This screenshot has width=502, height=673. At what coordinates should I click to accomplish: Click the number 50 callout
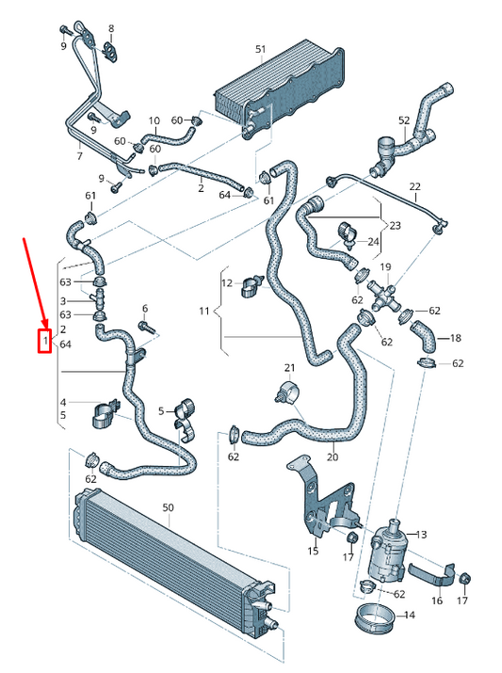(x=169, y=507)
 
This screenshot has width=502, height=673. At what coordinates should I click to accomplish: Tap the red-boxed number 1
(x=43, y=340)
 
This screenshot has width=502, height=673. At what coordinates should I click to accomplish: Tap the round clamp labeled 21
(x=287, y=392)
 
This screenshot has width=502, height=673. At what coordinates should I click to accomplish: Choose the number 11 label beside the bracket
(x=204, y=310)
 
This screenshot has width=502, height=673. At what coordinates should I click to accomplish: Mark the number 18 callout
(x=456, y=338)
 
